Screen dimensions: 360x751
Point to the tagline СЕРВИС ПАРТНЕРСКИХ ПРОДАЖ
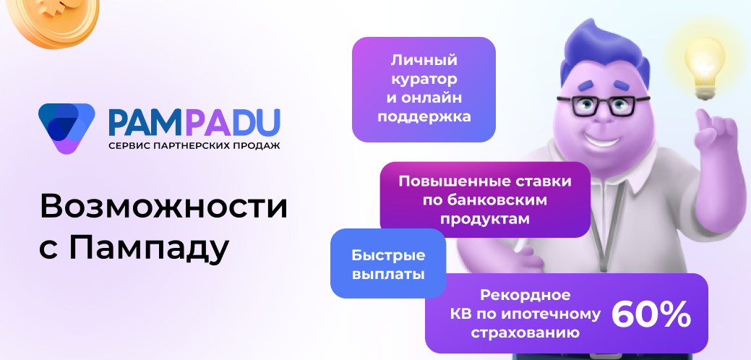(194, 145)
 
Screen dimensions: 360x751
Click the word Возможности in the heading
(163, 206)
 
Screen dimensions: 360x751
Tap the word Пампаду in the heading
(150, 248)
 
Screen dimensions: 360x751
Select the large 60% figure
(651, 314)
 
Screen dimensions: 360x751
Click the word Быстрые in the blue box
(388, 255)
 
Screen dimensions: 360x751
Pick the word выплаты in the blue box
(388, 275)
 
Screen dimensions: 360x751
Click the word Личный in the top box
(424, 60)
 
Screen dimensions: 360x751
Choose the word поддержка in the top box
(424, 116)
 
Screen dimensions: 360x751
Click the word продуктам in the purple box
(485, 218)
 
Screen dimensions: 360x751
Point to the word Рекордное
(525, 295)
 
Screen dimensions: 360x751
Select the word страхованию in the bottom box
(525, 333)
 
